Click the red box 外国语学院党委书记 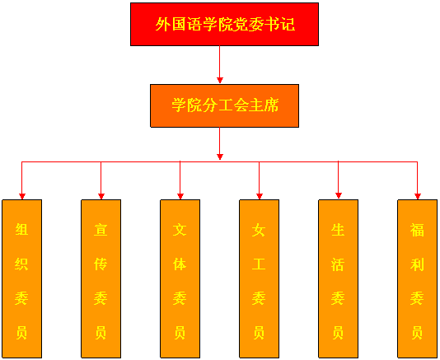224,24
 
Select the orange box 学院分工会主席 224,105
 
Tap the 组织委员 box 22,278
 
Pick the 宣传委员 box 101,278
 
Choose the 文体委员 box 180,278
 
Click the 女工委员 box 260,278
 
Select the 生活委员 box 339,278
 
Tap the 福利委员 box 418,278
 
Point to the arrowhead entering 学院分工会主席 220,81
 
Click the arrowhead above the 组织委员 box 22,196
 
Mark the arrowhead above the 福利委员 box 418,196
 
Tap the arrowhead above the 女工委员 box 260,196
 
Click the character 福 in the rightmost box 417,230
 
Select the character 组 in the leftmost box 21,230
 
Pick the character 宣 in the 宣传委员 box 101,230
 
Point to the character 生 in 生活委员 338,230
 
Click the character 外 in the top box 163,24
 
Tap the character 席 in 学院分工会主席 271,105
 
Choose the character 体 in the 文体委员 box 180,264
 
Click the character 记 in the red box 288,24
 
